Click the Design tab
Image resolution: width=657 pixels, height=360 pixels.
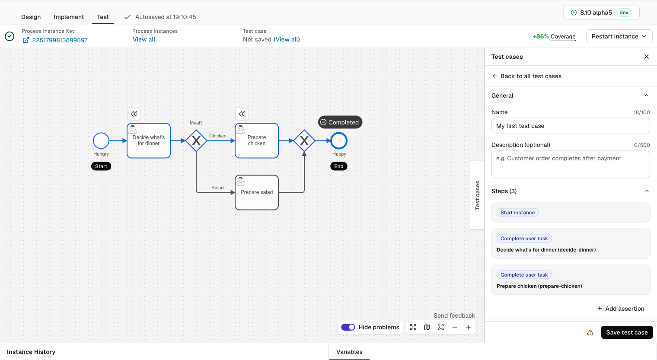click(31, 17)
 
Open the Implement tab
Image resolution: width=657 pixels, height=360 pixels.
click(69, 17)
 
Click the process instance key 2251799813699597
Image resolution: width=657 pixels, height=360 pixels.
click(60, 40)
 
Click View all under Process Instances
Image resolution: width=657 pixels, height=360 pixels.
click(144, 39)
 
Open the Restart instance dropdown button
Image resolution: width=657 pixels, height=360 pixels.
click(619, 36)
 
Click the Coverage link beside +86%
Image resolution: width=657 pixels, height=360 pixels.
click(563, 36)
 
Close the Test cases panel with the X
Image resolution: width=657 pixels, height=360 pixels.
click(647, 57)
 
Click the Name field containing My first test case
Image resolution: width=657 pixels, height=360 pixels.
click(571, 126)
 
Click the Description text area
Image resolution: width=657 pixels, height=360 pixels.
click(571, 164)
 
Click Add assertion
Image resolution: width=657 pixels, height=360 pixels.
click(621, 309)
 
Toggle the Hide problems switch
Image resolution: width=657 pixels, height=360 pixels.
click(348, 327)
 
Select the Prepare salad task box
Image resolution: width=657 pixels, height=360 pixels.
click(257, 192)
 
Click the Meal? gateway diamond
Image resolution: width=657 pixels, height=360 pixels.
click(196, 141)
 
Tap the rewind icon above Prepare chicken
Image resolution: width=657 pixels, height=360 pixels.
click(242, 114)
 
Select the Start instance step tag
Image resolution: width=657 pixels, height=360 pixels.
click(517, 213)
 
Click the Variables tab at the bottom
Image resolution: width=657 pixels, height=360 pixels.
click(349, 352)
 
